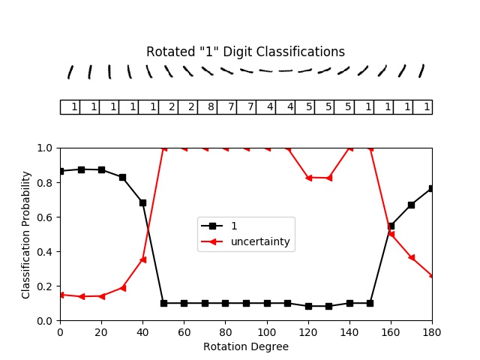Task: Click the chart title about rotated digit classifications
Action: point(245,52)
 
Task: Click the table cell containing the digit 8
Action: point(207,107)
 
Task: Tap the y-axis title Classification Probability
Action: point(26,234)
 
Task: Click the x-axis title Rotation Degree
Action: point(245,347)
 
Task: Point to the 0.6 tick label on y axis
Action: point(45,217)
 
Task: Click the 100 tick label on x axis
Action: point(267,331)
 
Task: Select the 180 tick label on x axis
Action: point(432,331)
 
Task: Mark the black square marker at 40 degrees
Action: point(142,202)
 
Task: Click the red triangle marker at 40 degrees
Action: point(142,259)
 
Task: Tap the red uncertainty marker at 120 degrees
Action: point(308,178)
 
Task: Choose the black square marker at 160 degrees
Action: point(391,226)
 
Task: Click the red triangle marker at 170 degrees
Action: point(411,257)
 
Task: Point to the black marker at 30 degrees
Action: point(122,177)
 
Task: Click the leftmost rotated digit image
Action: point(70,71)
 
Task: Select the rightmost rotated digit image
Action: point(421,71)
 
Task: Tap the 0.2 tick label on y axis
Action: point(45,286)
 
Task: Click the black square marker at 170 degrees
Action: point(411,205)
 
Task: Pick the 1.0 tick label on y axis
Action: point(45,148)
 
